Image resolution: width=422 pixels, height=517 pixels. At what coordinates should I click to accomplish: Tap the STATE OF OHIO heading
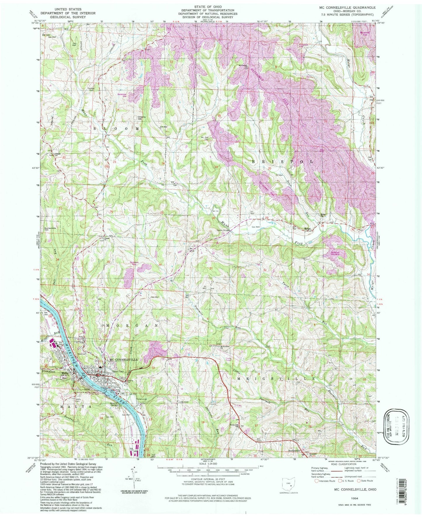(208, 6)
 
